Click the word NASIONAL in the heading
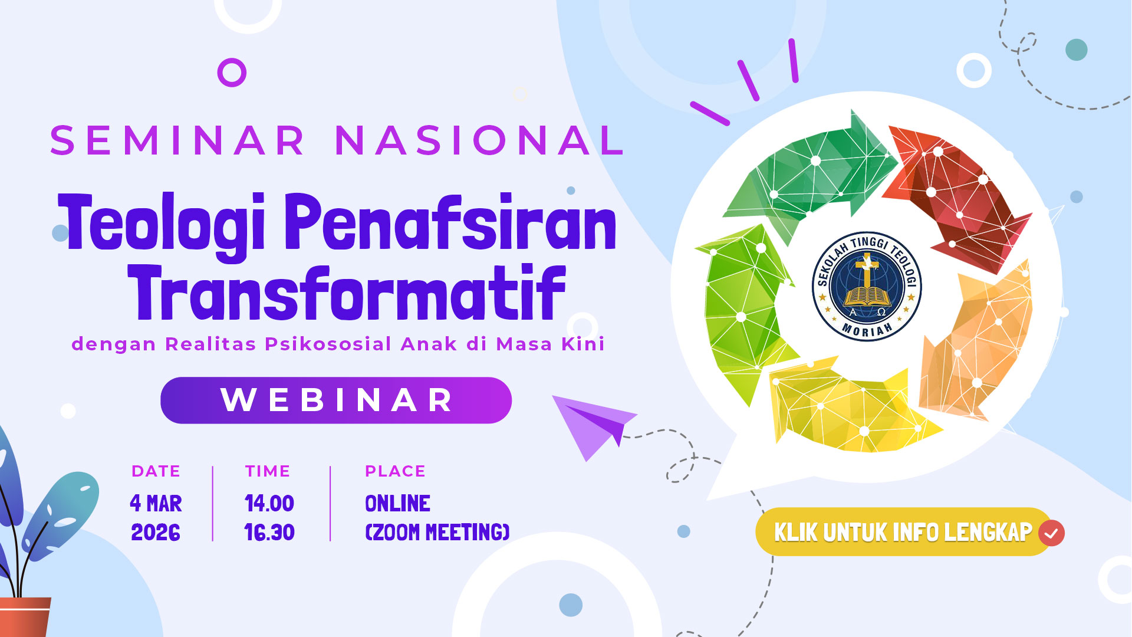click(x=479, y=140)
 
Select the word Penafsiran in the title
click(x=451, y=221)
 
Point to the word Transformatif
click(x=347, y=292)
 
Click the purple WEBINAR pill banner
click(x=336, y=400)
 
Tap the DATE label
click(x=156, y=471)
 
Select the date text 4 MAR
click(x=156, y=504)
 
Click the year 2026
click(x=156, y=533)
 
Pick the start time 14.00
click(x=269, y=504)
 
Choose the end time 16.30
click(x=269, y=533)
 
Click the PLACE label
click(x=395, y=471)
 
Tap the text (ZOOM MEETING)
click(x=437, y=533)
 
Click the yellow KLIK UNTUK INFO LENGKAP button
click(x=904, y=532)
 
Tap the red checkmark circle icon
click(x=1051, y=533)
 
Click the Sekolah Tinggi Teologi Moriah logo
click(x=867, y=286)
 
